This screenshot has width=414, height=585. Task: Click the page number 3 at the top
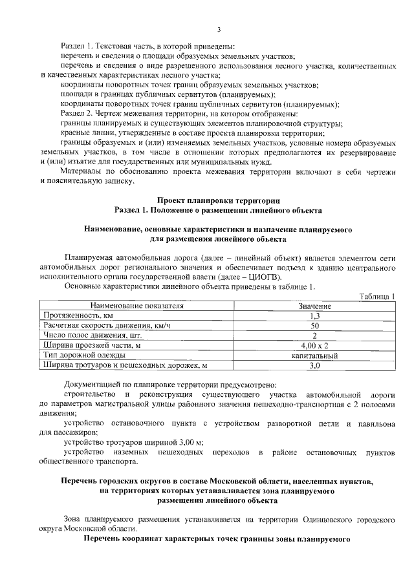point(219,29)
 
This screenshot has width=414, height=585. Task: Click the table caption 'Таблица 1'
point(377,295)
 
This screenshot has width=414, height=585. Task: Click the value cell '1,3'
point(315,315)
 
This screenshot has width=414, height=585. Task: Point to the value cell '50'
point(315,325)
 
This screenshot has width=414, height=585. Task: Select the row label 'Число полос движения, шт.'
point(91,335)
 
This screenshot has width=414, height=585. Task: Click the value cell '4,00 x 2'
point(315,345)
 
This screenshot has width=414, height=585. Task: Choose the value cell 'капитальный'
point(315,356)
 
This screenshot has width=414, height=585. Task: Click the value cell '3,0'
point(315,366)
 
